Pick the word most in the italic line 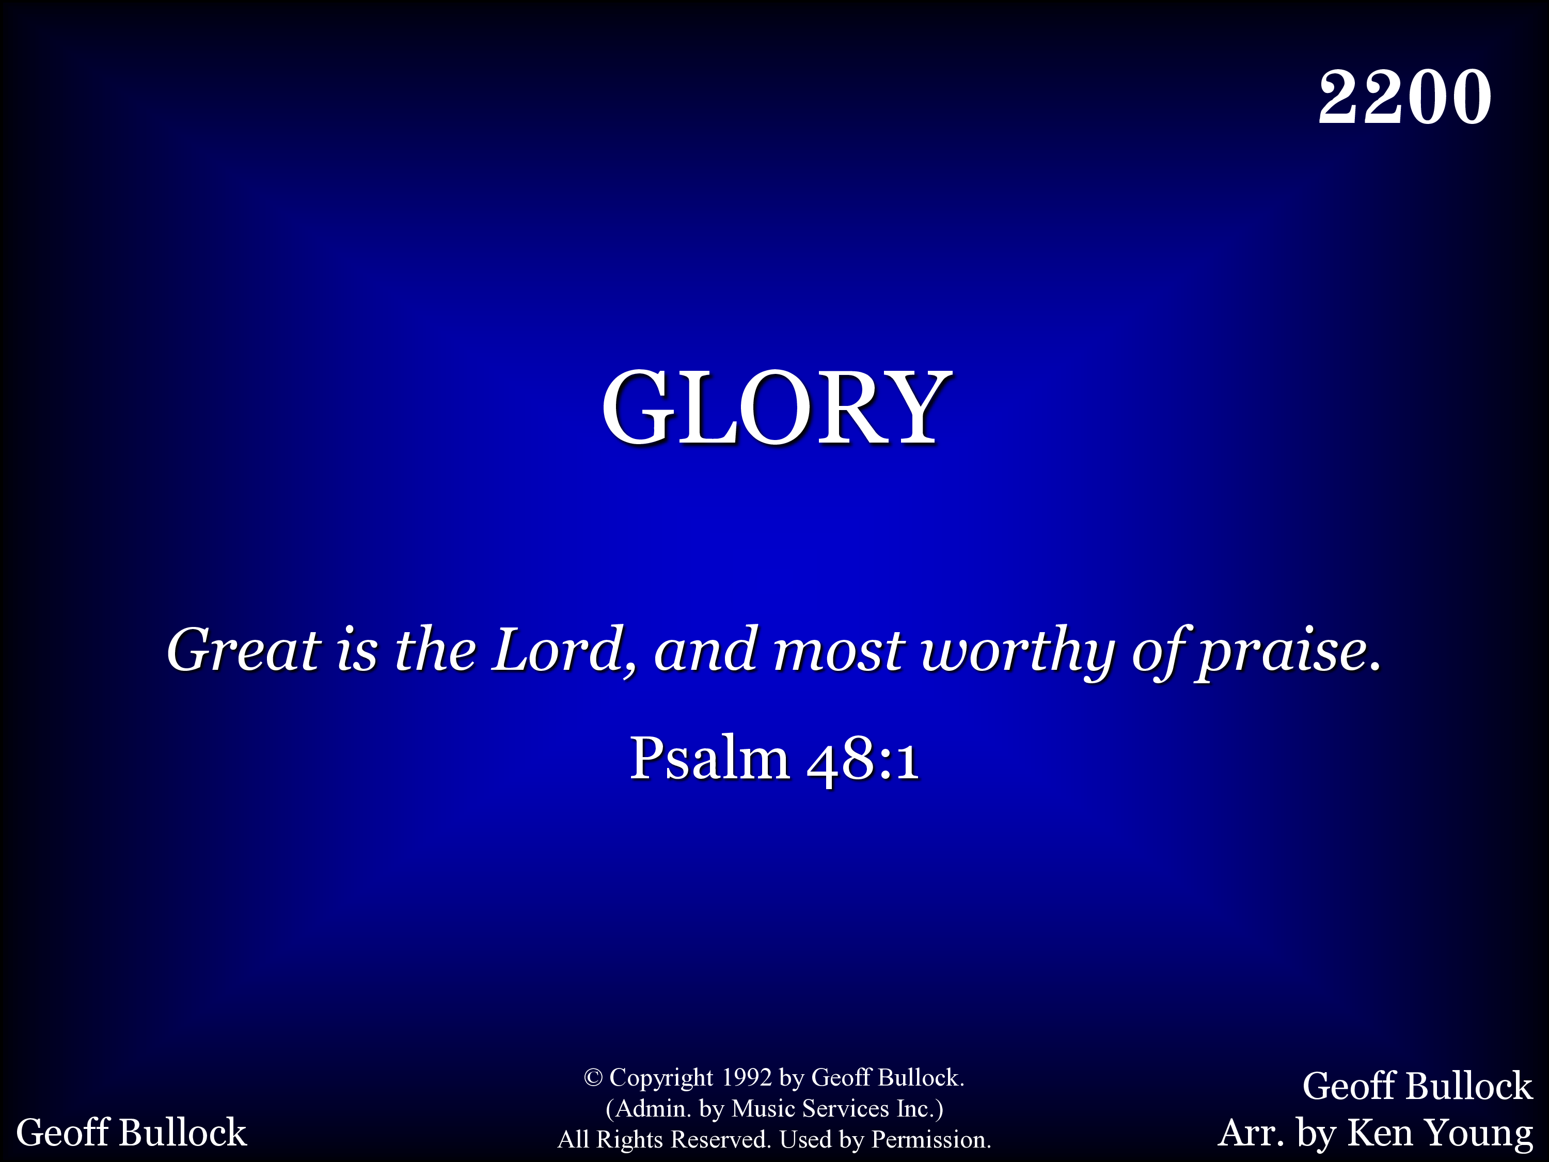pyautogui.click(x=839, y=651)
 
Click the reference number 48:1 pyautogui.click(x=862, y=759)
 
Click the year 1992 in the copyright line pyautogui.click(x=747, y=1077)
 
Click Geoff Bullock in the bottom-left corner pyautogui.click(x=131, y=1133)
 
